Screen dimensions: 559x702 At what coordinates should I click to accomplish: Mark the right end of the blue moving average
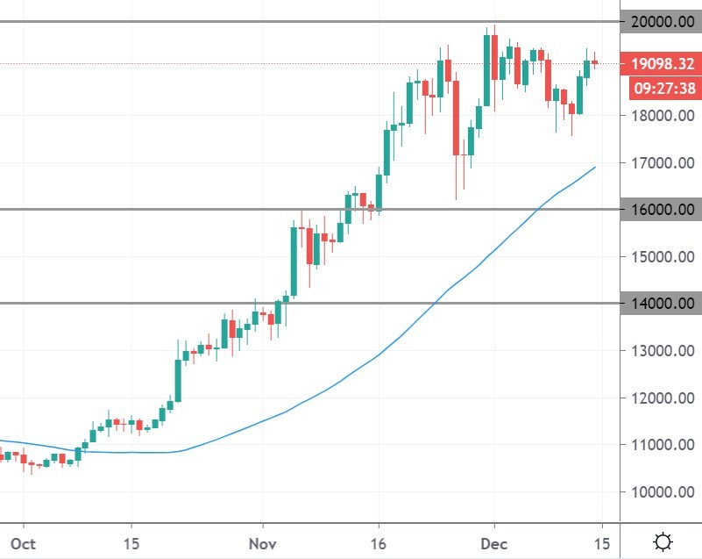click(x=596, y=167)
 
